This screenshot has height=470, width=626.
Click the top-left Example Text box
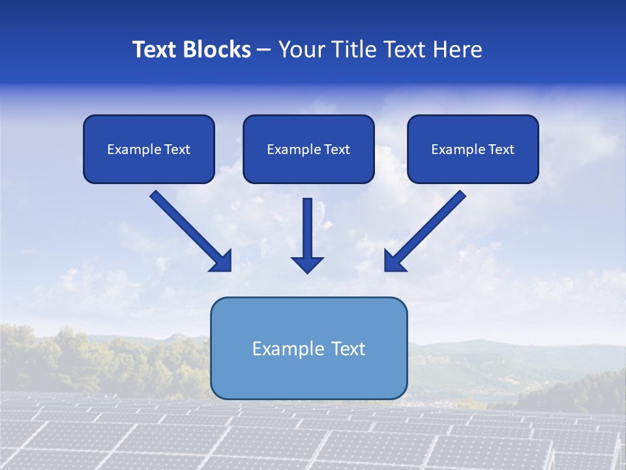149,149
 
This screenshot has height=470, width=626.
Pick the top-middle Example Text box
308,149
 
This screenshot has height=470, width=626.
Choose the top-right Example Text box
473,149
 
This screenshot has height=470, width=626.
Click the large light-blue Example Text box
308,348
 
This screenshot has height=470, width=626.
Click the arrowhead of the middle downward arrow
307,264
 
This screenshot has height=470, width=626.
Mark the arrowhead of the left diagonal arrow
222,261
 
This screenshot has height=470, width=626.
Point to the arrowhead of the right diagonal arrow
394,261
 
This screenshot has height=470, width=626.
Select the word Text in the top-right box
501,149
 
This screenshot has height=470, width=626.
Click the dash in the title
265,50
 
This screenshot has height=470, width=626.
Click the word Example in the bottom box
286,349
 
